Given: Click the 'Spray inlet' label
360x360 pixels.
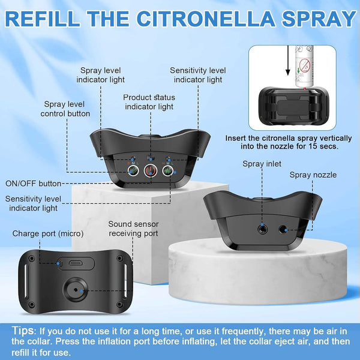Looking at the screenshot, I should pyautogui.click(x=262, y=163).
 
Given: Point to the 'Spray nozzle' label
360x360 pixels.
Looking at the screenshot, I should pyautogui.click(x=313, y=175).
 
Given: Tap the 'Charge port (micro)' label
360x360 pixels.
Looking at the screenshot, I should pyautogui.click(x=48, y=233).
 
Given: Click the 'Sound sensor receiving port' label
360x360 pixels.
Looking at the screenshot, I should pyautogui.click(x=133, y=229).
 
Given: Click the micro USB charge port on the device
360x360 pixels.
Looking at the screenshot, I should pyautogui.click(x=74, y=262).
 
